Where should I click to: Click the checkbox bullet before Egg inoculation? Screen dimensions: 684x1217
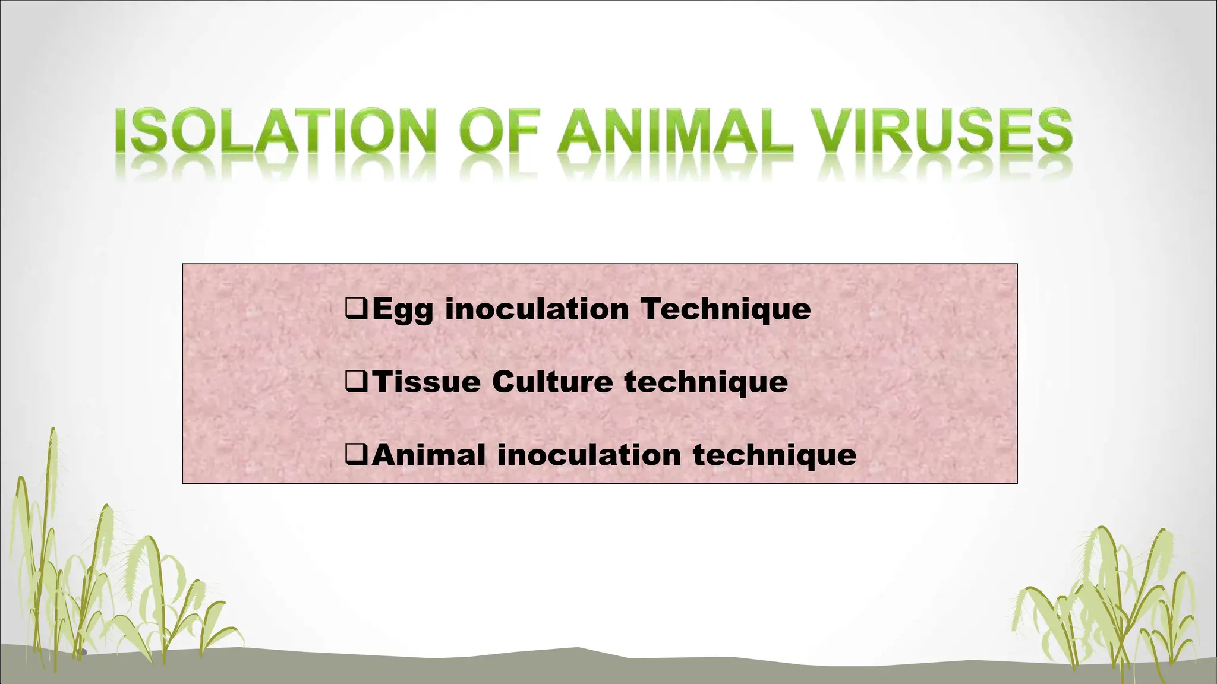point(356,308)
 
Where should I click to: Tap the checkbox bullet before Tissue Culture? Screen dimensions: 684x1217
point(356,381)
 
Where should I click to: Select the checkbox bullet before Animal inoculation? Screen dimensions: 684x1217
point(356,455)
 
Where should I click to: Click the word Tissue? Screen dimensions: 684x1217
point(426,381)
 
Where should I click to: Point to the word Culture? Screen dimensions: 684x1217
point(552,381)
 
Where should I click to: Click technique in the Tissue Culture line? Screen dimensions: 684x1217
point(706,382)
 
